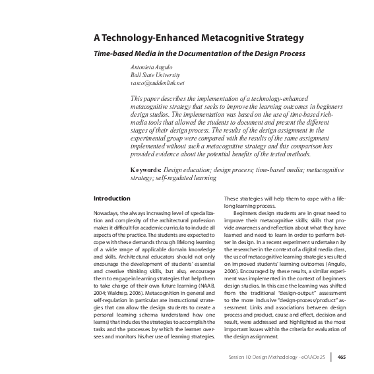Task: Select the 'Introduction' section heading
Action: point(112,199)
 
